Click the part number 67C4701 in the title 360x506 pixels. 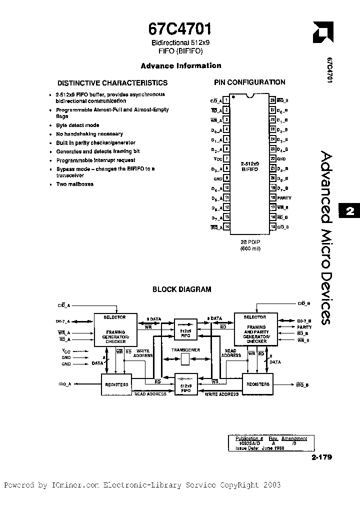point(180,28)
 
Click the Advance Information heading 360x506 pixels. point(180,65)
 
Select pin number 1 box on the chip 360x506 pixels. point(226,100)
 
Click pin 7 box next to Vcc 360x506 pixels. point(226,159)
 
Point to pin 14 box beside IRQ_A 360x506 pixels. point(226,226)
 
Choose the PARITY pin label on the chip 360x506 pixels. point(285,198)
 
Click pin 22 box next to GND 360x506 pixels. point(272,159)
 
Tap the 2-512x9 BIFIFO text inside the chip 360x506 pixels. point(249,166)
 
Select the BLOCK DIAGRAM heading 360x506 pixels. point(181,289)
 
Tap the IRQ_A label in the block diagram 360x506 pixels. point(65,384)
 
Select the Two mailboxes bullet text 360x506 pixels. point(75,184)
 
